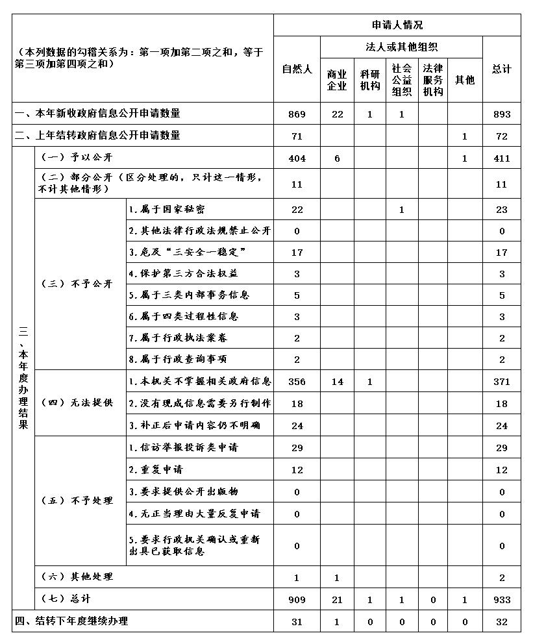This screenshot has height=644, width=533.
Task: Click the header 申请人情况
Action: click(397, 25)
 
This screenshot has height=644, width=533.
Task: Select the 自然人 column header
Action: click(297, 69)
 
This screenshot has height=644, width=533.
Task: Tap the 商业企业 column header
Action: click(337, 80)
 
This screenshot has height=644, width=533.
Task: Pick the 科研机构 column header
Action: click(369, 80)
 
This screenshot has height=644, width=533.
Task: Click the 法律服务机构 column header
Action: click(433, 80)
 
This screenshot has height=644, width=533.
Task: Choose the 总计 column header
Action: click(501, 69)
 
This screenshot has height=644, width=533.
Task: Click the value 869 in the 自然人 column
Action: click(297, 114)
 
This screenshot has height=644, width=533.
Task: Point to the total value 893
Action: click(501, 114)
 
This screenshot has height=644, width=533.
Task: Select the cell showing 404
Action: click(297, 158)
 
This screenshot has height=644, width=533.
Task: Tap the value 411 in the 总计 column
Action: click(501, 158)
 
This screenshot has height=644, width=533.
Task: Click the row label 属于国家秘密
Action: click(167, 210)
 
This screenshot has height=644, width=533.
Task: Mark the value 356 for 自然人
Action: click(297, 382)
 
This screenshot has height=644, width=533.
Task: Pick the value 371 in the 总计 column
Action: click(501, 382)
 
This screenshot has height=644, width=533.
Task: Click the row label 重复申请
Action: click(156, 469)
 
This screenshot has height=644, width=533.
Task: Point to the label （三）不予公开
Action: click(77, 284)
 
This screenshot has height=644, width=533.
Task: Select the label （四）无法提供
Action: click(77, 403)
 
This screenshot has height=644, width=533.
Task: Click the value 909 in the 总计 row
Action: click(297, 600)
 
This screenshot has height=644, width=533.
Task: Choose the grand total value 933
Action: click(501, 600)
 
